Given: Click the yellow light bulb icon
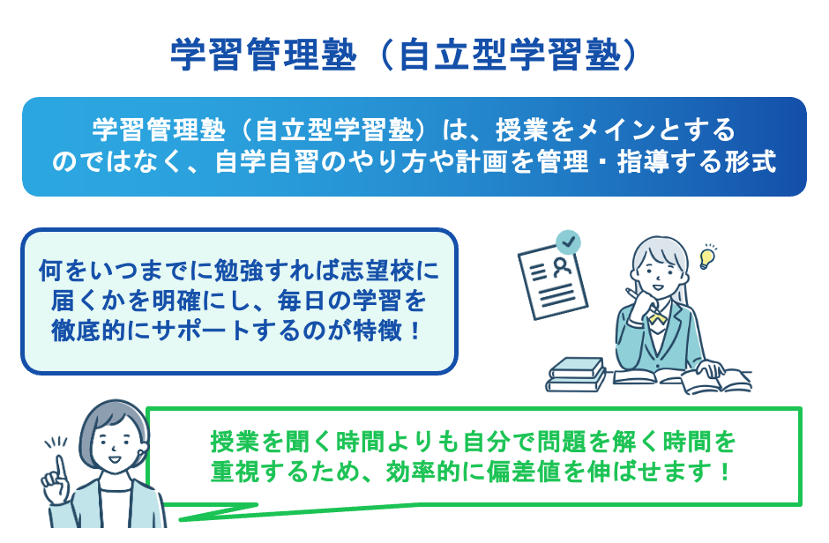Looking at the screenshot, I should click(x=706, y=257).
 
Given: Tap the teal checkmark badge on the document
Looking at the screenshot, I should click(x=569, y=240).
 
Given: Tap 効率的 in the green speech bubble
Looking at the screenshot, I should click(x=429, y=470).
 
